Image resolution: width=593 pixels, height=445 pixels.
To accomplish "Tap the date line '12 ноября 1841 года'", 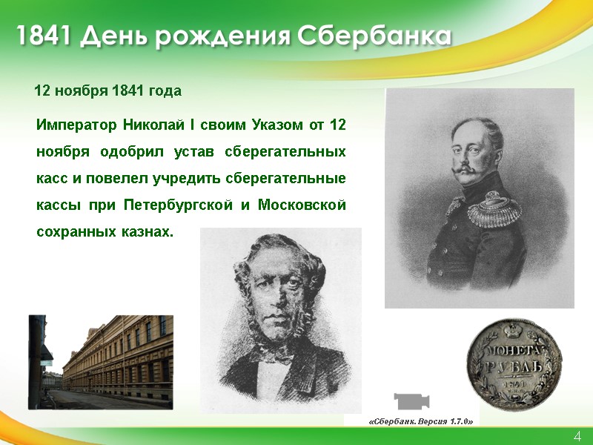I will (108, 91).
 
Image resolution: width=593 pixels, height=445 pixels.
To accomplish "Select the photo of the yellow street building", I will (101, 362).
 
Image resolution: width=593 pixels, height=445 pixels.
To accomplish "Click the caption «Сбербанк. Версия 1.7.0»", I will (420, 421).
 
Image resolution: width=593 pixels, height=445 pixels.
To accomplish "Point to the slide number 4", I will (577, 435).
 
